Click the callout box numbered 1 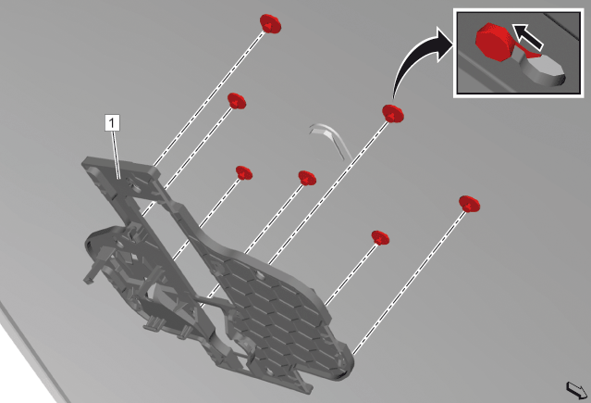pos(112,122)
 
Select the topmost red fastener pos(270,24)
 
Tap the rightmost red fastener pos(469,204)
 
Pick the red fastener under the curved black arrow pos(393,113)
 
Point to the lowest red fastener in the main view pos(380,237)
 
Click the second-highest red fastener pos(237,101)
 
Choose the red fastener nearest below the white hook pos(307,178)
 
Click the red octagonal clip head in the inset pos(492,43)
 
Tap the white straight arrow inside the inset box pos(528,37)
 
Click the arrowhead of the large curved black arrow pos(444,44)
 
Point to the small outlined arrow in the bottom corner pos(577,390)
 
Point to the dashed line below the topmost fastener pos(209,99)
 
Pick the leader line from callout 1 pos(116,155)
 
